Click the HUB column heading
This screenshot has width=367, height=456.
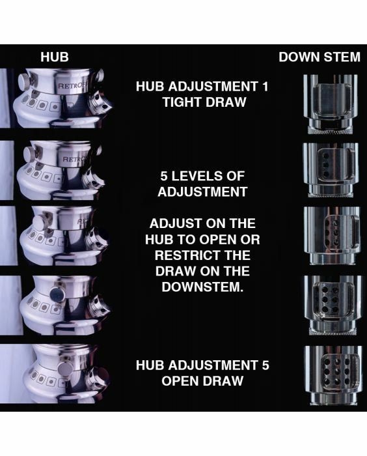tap(55, 57)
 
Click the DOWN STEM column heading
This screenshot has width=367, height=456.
tap(319, 57)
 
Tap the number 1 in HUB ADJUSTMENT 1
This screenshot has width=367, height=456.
tap(265, 87)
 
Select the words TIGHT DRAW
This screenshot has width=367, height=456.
tap(204, 102)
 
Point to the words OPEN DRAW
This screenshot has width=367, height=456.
tap(202, 381)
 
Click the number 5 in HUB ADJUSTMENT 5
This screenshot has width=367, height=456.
tap(265, 365)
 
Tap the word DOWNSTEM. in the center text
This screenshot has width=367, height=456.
tap(202, 287)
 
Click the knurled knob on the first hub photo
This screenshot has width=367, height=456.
tap(25, 81)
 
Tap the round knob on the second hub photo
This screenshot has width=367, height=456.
tap(29, 154)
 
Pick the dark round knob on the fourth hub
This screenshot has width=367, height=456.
tap(57, 294)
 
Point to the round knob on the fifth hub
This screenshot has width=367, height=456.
tap(65, 369)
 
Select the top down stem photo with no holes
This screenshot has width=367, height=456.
tap(330, 104)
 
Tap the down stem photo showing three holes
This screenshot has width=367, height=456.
tap(331, 170)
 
